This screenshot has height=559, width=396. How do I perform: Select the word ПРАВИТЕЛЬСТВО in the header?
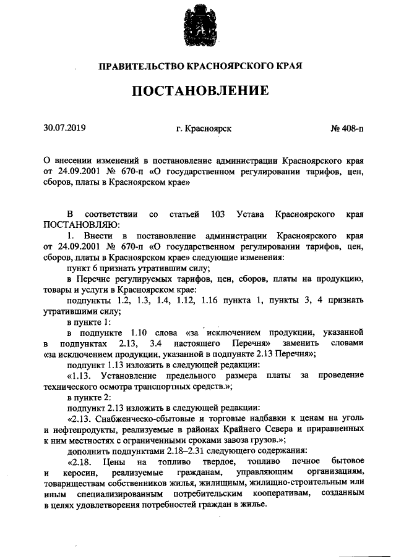pyautogui.click(x=136, y=65)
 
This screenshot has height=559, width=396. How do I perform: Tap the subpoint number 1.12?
pyautogui.click(x=180, y=300)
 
